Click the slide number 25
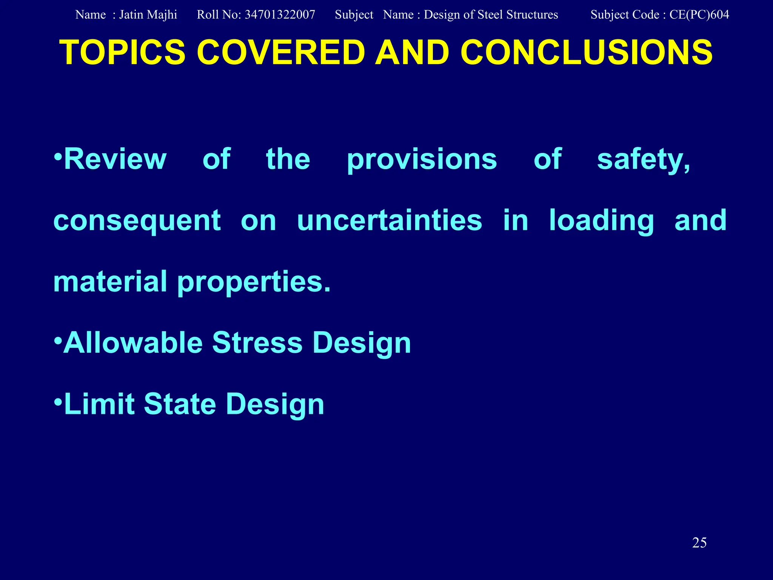coord(699,543)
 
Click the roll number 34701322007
coord(280,15)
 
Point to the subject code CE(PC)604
coord(699,15)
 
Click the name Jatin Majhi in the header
coord(148,15)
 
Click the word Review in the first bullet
coord(115,159)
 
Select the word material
coord(110,282)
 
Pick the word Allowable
coord(133,343)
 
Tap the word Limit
coord(99,404)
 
